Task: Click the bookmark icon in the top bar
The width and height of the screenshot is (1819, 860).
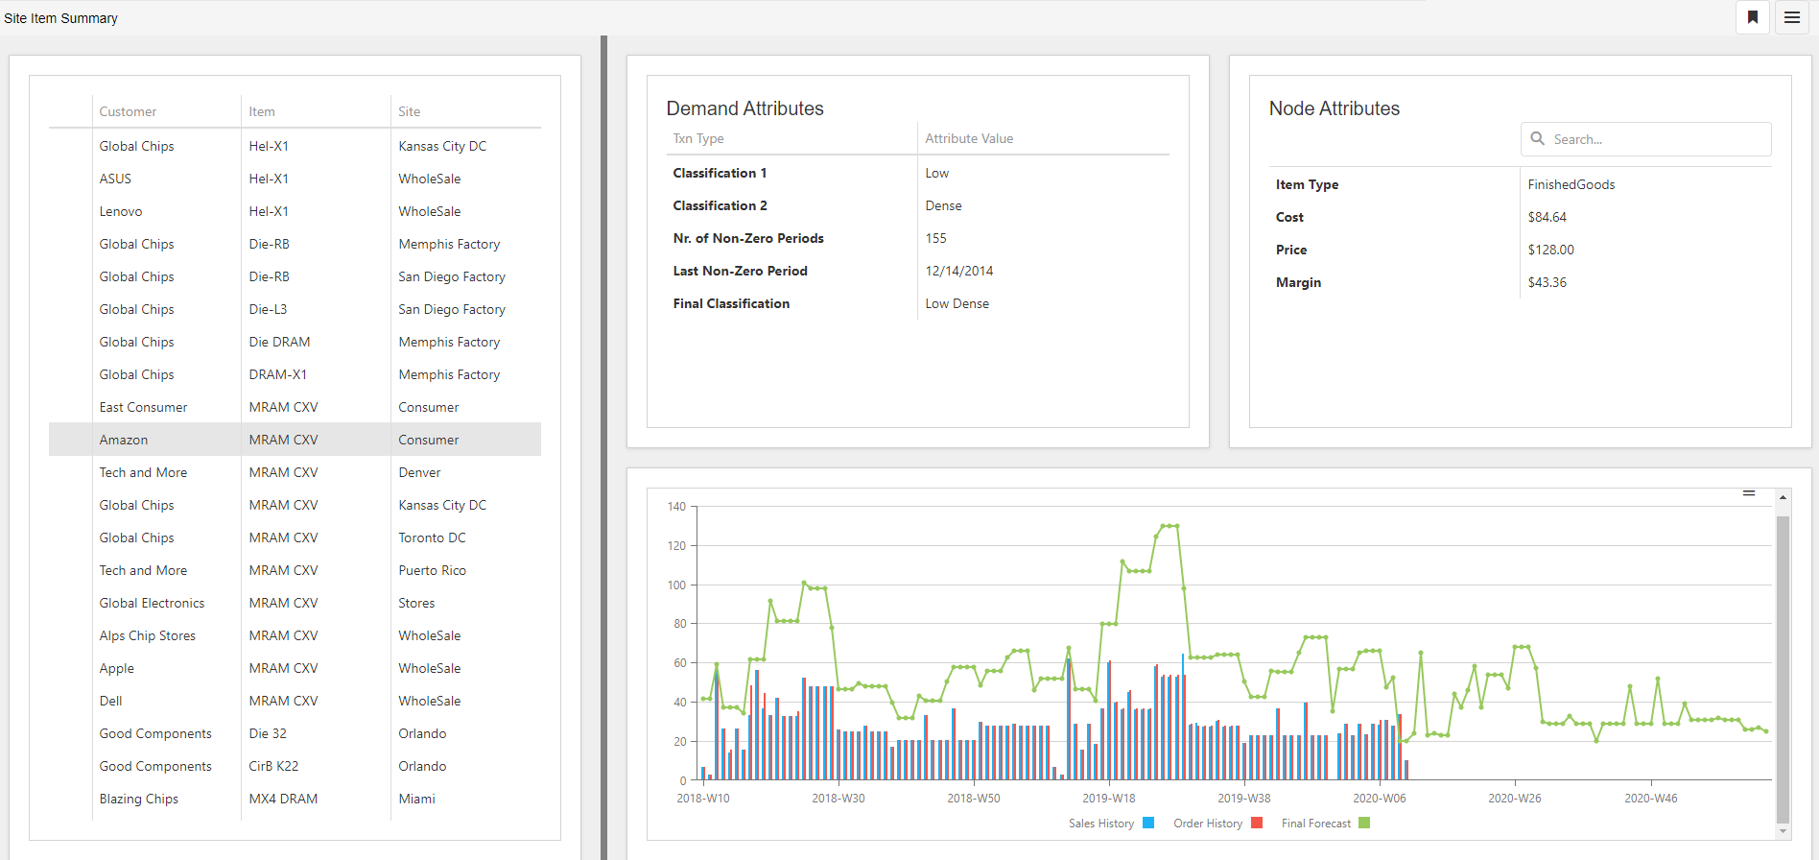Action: coord(1753,17)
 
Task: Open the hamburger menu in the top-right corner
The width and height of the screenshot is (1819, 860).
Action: coord(1792,17)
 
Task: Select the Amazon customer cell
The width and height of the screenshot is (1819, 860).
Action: coord(124,440)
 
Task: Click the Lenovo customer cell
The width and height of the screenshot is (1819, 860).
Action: coord(121,211)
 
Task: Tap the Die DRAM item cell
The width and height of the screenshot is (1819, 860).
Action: coord(279,342)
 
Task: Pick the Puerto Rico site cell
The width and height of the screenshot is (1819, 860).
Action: coord(433,570)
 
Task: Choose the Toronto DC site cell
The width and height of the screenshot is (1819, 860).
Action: coord(433,537)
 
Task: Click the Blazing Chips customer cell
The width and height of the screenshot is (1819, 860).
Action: coord(139,799)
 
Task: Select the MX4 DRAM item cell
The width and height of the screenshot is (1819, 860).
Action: coord(283,799)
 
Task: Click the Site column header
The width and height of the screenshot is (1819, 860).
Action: coord(410,111)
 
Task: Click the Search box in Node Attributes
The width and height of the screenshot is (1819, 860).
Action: coord(1646,139)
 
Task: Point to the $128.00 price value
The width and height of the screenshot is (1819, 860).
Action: coord(1551,250)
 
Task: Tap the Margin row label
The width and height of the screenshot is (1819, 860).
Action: coord(1298,282)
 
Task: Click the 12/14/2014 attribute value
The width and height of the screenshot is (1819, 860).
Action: coord(959,271)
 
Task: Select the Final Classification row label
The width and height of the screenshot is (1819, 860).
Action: coord(731,303)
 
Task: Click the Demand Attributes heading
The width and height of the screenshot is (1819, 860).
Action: coord(745,108)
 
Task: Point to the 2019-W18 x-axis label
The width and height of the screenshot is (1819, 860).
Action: coord(1109,799)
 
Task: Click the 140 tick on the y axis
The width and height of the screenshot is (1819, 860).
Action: coord(676,507)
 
